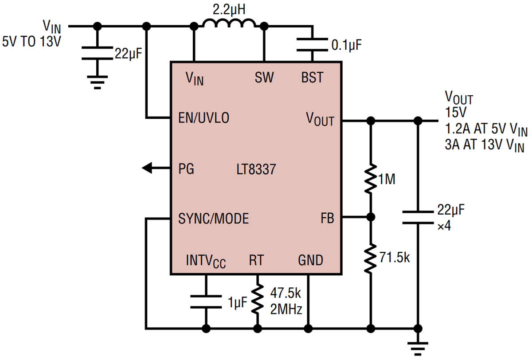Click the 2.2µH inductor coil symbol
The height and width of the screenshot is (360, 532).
(x=229, y=24)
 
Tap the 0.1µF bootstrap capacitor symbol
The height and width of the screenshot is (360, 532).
(x=313, y=44)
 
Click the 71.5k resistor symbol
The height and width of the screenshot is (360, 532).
(x=371, y=258)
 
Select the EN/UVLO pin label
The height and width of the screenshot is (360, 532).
(x=204, y=118)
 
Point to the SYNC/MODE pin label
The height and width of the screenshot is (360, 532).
(x=213, y=219)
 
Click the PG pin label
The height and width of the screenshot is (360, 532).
(x=186, y=169)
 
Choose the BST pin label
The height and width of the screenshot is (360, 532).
(x=312, y=78)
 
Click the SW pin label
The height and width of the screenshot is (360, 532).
(x=264, y=78)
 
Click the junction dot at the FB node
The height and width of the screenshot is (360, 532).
(x=371, y=217)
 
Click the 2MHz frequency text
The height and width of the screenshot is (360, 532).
(x=286, y=309)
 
